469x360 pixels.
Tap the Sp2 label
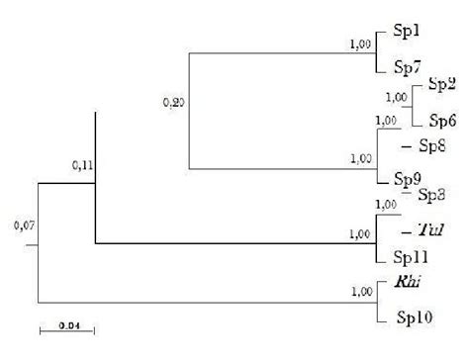click(x=440, y=86)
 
